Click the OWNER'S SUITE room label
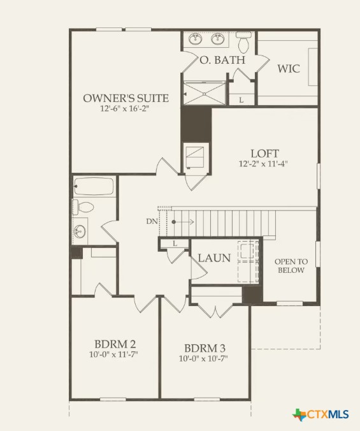[x=126, y=98]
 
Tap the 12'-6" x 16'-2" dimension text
[x=126, y=109]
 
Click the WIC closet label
[x=288, y=68]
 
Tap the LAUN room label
[x=214, y=258]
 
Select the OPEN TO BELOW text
[x=291, y=266]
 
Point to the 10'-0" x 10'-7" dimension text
[x=204, y=358]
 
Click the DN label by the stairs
[x=150, y=222]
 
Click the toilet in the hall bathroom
[x=83, y=207]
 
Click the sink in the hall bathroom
[x=80, y=231]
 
